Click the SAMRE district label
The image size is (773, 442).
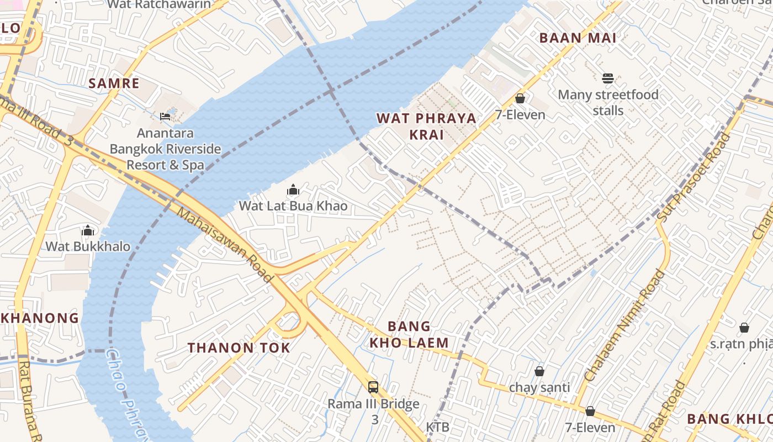coord(114,83)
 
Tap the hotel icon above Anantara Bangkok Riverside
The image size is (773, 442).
coord(165,116)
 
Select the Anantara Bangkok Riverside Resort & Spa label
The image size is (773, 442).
coord(165,149)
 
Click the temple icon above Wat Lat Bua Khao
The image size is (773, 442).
coord(293,190)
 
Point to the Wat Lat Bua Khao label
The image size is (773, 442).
coord(293,206)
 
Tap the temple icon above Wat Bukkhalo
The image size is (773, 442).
coord(88,230)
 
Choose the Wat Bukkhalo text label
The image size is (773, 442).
coord(88,246)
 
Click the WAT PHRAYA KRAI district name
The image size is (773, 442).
coord(426,127)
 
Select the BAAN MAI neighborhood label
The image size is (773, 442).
coord(578,38)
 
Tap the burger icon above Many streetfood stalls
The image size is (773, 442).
coord(608,78)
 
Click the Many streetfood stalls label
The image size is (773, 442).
coord(608,103)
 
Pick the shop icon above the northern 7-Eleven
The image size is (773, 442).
coord(520,99)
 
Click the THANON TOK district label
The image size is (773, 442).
coord(239,348)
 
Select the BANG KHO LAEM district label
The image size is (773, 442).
coord(409,334)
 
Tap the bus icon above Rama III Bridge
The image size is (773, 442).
coord(373,387)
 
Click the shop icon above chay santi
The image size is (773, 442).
coord(539,371)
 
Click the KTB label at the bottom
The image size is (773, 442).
coord(437,427)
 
